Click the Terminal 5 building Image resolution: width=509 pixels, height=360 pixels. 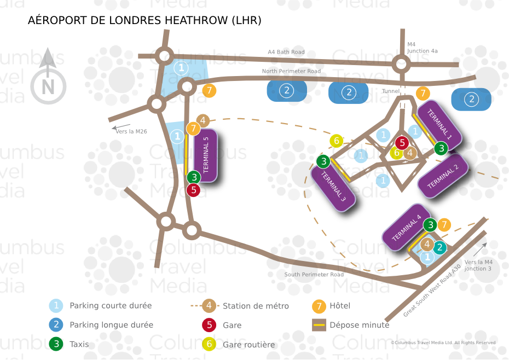(x=205, y=155)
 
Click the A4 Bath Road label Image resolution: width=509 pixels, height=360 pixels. (x=286, y=52)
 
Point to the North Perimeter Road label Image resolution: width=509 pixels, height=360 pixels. (x=291, y=71)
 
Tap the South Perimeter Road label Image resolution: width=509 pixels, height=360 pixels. (x=314, y=274)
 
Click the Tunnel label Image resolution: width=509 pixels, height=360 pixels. (x=391, y=91)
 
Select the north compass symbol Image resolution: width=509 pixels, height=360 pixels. (x=48, y=77)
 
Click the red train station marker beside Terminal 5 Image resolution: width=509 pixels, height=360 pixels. (x=193, y=190)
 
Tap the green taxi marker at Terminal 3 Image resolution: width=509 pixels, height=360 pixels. (x=323, y=161)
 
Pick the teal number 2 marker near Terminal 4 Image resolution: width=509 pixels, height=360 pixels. (x=439, y=247)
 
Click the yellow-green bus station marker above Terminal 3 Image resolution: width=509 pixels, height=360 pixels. (x=337, y=141)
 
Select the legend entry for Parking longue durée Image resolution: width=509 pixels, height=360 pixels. (x=101, y=324)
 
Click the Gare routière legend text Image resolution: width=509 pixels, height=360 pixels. (x=248, y=345)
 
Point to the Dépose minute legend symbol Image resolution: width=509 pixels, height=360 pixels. (x=319, y=325)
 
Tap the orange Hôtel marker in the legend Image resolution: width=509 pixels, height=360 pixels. (x=319, y=306)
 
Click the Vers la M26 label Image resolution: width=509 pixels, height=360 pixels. (x=131, y=131)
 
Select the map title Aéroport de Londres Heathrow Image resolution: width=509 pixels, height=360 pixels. (x=144, y=20)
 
